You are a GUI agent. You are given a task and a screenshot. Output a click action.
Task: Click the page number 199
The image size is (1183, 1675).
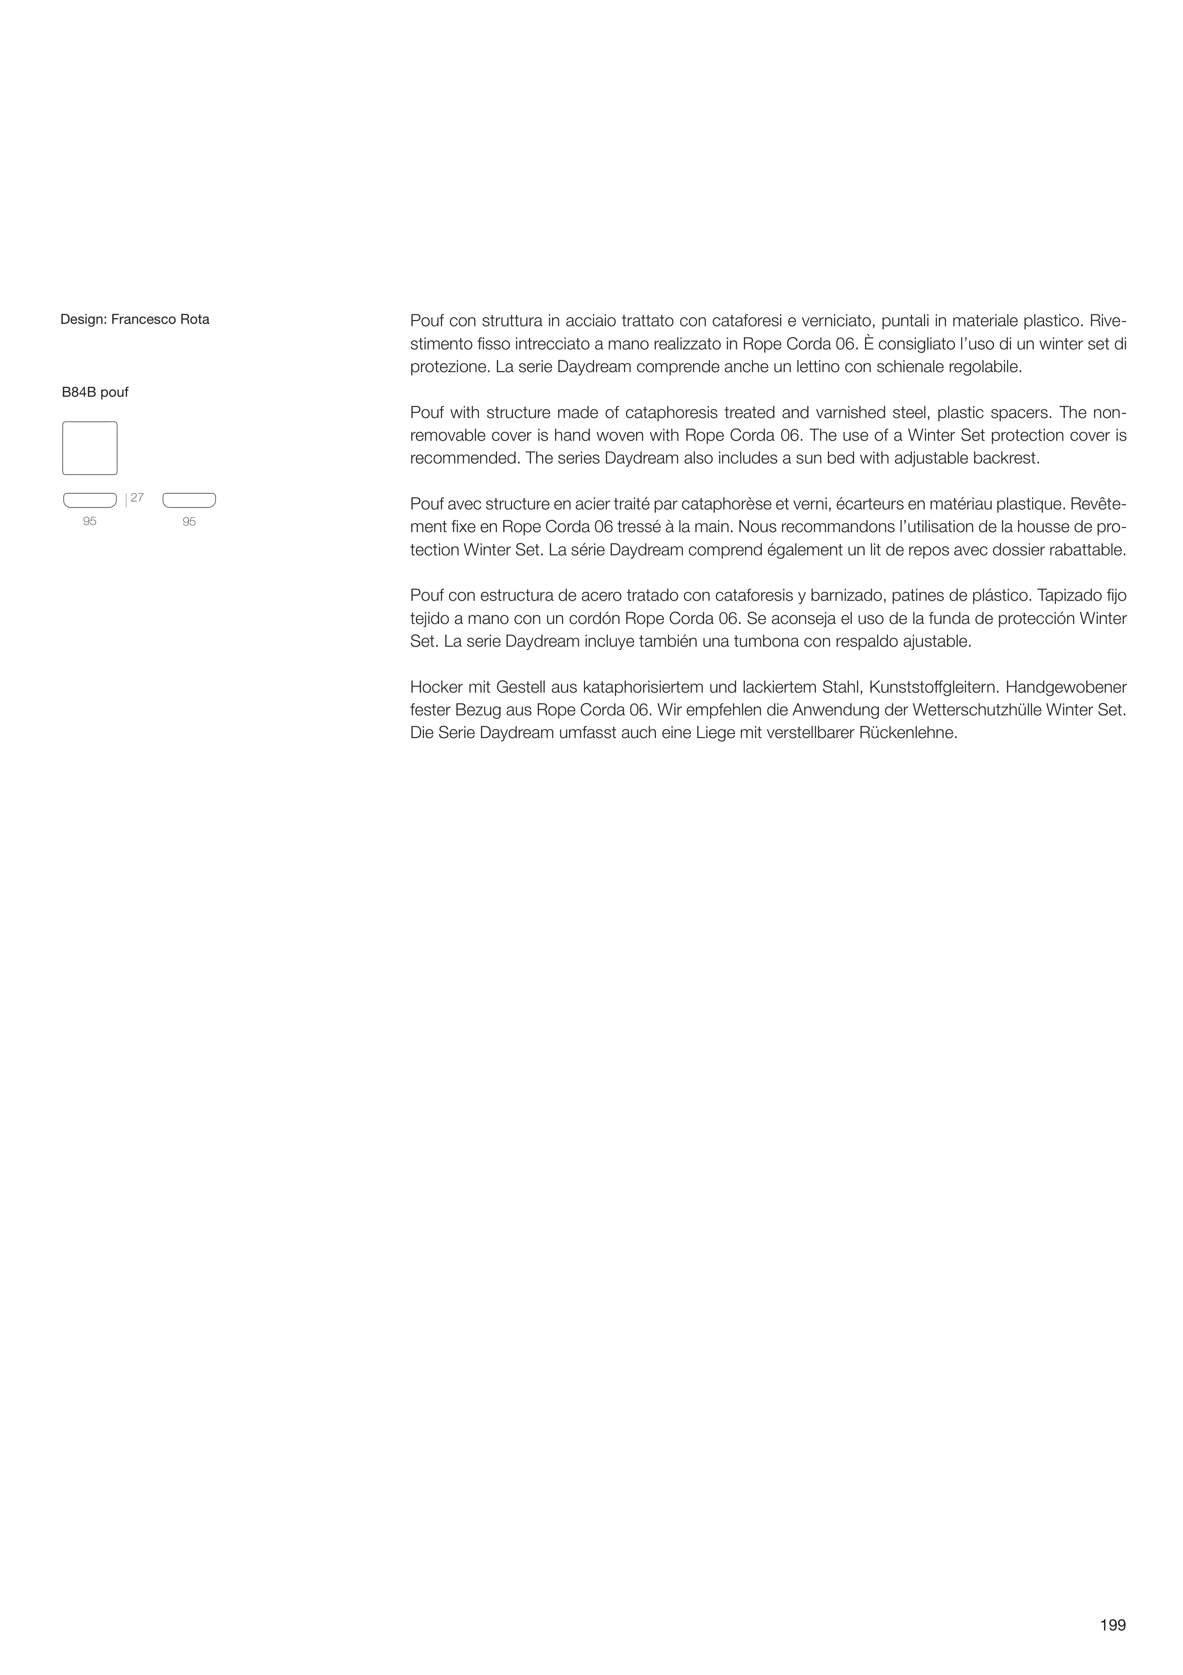pos(1113,1625)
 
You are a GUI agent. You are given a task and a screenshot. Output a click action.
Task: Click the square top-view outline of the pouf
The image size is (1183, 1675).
pos(90,448)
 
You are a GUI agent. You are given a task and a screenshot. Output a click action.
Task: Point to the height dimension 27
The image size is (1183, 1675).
pos(137,498)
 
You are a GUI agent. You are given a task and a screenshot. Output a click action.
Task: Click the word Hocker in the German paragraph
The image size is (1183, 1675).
pos(435,687)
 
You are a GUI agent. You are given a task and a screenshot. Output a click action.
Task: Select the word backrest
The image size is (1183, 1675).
pos(1008,459)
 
